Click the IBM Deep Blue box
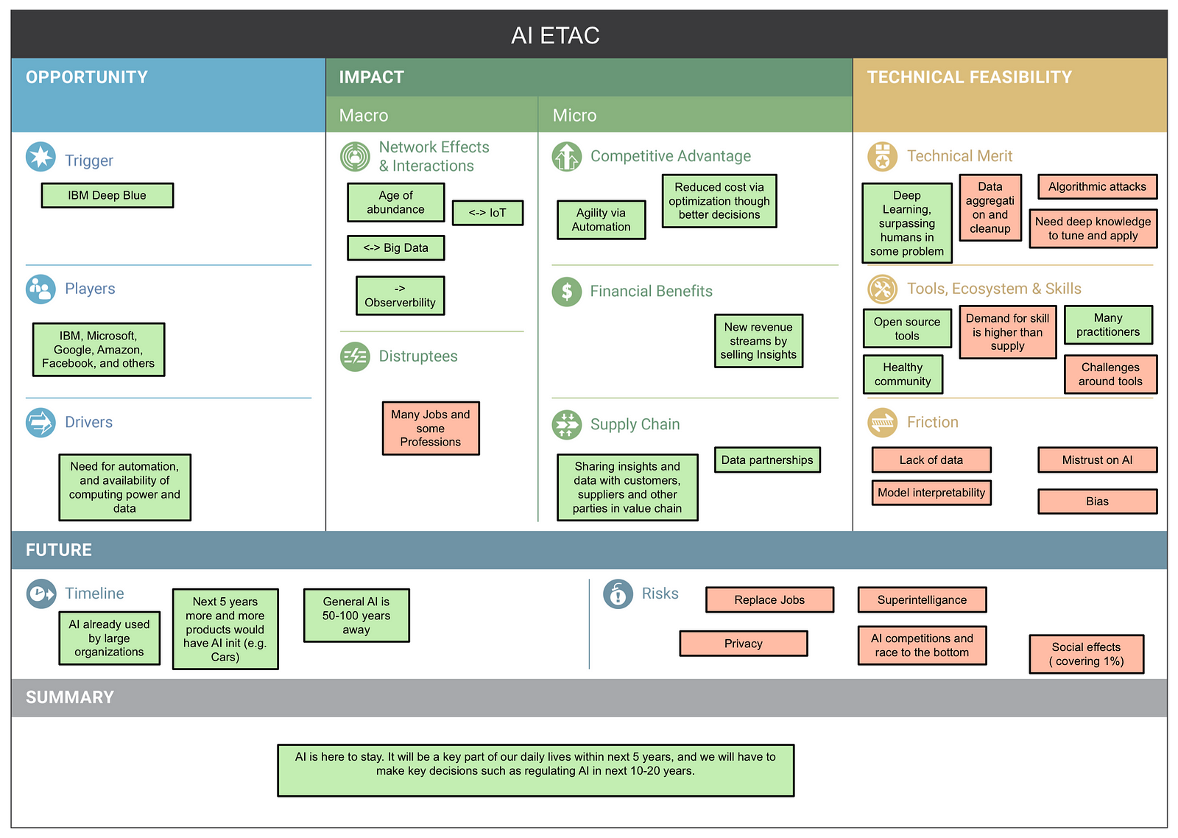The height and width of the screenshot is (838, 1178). click(107, 195)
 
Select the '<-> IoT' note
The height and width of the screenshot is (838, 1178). click(487, 213)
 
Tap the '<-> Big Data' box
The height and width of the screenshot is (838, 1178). click(395, 247)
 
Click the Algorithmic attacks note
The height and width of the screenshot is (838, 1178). click(1097, 187)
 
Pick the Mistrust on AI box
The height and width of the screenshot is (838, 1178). click(1097, 460)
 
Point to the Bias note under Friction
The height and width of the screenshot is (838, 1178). click(1097, 501)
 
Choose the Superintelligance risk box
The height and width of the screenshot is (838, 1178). click(922, 599)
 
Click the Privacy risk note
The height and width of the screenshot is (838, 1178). click(743, 644)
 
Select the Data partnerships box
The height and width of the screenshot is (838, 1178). click(767, 460)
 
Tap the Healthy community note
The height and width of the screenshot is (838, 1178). click(903, 374)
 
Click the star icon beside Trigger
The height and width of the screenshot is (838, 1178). click(40, 157)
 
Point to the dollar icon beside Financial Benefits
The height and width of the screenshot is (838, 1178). click(566, 292)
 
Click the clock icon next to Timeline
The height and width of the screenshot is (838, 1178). click(41, 594)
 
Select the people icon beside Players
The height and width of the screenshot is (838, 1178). click(40, 289)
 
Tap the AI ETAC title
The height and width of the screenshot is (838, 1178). click(555, 35)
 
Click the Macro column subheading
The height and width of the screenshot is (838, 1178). click(364, 115)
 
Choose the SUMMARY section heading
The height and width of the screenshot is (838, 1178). click(70, 697)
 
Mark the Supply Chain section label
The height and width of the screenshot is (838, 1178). click(635, 424)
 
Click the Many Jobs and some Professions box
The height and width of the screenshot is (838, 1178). click(431, 429)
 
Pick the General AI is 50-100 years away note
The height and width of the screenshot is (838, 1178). click(356, 616)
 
